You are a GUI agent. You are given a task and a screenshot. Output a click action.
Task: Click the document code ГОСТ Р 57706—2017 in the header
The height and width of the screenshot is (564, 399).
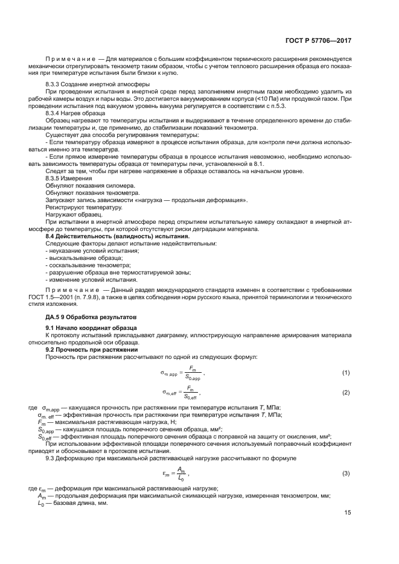pyautogui.click(x=320, y=40)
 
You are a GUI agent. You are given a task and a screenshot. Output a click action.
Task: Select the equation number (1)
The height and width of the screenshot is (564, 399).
pyautogui.click(x=346, y=373)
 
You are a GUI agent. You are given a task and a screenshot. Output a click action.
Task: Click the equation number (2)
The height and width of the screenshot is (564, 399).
pyautogui.click(x=346, y=393)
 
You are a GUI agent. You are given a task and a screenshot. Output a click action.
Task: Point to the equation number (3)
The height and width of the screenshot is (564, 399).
pyautogui.click(x=346, y=472)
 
